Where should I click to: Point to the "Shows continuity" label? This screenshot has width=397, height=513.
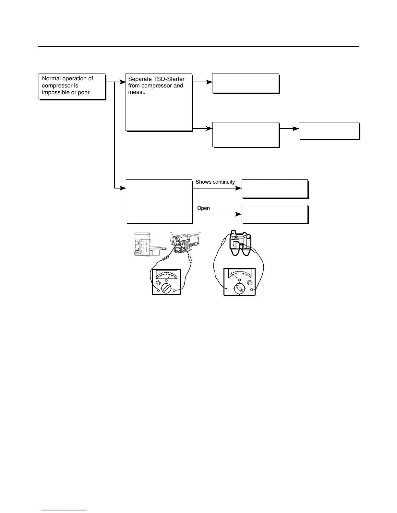click(215, 182)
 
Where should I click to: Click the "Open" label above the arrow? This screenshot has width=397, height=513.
click(203, 208)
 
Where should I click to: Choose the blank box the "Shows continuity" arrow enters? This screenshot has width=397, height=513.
click(274, 188)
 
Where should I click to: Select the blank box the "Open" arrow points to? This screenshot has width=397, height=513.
click(274, 214)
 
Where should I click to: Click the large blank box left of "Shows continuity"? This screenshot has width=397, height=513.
click(159, 201)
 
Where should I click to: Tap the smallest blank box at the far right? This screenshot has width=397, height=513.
click(329, 131)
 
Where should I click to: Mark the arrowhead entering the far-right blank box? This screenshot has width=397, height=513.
click(296, 129)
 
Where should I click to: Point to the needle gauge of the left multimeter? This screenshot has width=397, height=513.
click(166, 275)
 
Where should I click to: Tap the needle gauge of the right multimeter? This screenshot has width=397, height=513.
click(240, 274)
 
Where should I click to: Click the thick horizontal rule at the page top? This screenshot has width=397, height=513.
click(198, 47)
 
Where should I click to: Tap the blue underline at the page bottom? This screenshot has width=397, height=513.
click(65, 510)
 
